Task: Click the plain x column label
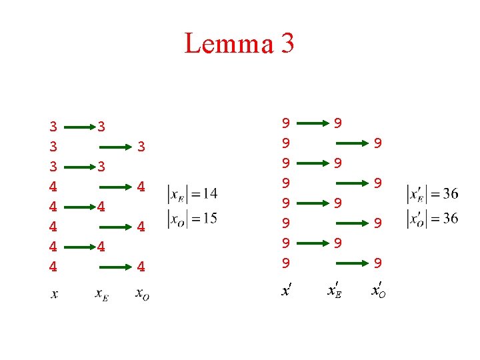[54, 293]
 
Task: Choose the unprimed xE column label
[102, 294]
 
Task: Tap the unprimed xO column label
[141, 294]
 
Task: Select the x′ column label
[287, 291]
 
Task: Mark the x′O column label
[377, 291]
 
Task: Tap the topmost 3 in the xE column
[101, 126]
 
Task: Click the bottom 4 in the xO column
[141, 267]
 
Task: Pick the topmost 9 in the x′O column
[377, 143]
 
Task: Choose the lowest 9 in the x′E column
[338, 243]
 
